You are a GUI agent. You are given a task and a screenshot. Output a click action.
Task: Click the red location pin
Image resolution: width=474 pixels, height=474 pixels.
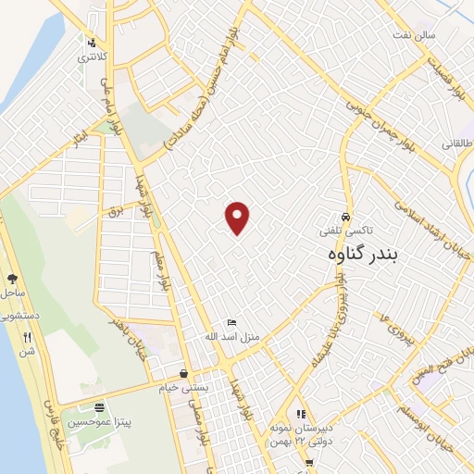coord(238,217)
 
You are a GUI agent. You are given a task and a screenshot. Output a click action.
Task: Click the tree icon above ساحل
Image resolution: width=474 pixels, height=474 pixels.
coord(12,278)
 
